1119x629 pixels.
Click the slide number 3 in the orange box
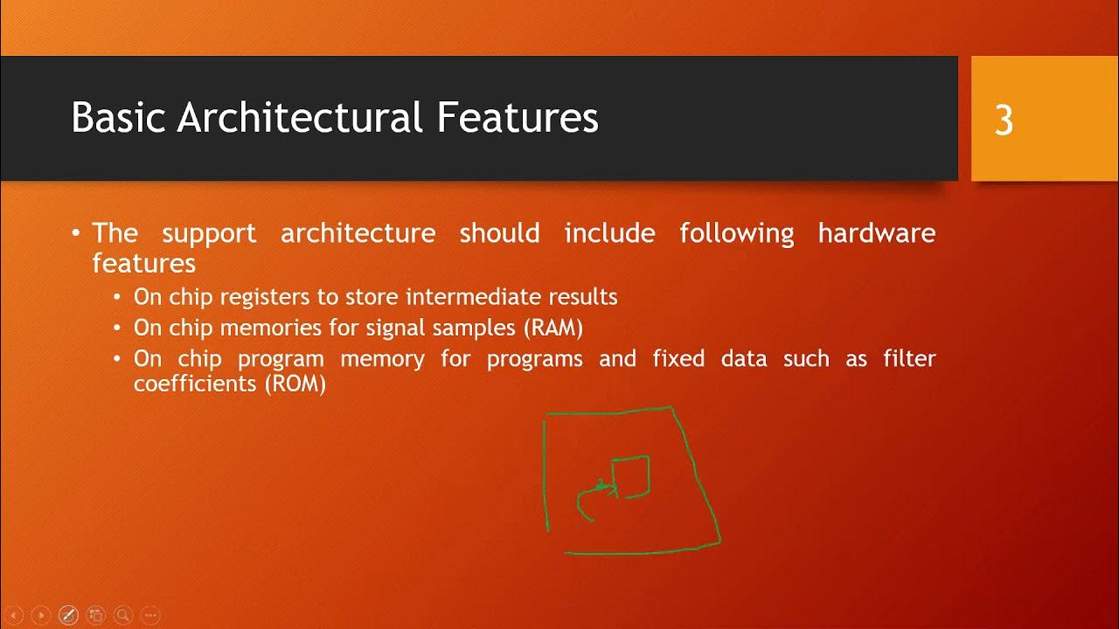point(1004,121)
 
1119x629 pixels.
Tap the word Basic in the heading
point(119,117)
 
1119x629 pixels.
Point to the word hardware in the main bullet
point(876,233)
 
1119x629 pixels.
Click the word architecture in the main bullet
point(358,233)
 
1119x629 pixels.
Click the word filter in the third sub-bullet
point(909,358)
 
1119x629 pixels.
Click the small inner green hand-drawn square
point(630,475)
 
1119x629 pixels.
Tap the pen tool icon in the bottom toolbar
point(68,615)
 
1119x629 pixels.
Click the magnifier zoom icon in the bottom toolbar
point(122,615)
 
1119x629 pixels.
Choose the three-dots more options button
point(149,615)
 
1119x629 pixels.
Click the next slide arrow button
point(40,615)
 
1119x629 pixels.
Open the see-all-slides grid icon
point(95,615)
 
